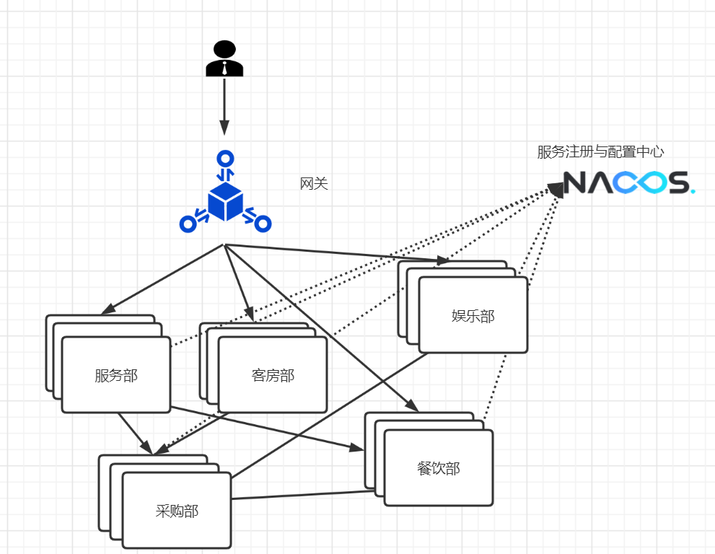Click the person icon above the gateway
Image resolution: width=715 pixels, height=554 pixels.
tap(224, 59)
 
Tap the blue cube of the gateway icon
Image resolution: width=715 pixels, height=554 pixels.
tap(224, 201)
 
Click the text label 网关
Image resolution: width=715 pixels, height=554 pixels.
tap(314, 184)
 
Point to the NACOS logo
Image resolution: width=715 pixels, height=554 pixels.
tap(628, 183)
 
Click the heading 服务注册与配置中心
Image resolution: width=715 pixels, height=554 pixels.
tap(600, 152)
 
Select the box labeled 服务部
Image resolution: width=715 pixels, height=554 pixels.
tap(116, 375)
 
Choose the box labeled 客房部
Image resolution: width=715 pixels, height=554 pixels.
tap(273, 375)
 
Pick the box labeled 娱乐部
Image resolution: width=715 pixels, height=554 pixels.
tap(473, 315)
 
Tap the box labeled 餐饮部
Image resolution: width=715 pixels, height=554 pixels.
tap(438, 468)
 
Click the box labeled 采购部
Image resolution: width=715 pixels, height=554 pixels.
tap(177, 511)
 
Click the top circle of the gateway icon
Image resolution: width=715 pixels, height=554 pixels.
tap(226, 158)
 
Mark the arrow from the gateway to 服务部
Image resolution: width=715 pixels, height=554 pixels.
tap(163, 279)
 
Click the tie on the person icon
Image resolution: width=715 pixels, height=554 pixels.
tap(224, 69)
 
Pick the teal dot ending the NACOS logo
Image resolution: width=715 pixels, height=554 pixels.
tap(693, 191)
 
